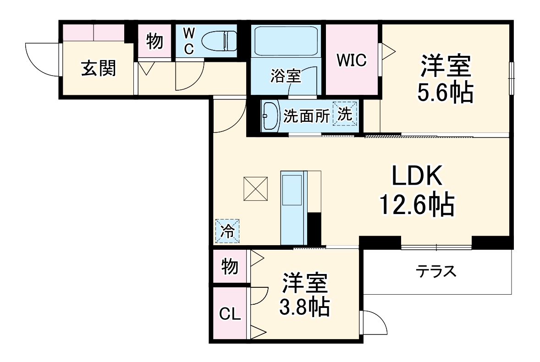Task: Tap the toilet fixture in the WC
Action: pyautogui.click(x=220, y=41)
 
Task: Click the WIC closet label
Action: pyautogui.click(x=352, y=60)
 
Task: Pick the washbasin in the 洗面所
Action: pyautogui.click(x=270, y=116)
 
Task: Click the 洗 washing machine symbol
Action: pyautogui.click(x=345, y=115)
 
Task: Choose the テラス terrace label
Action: pyautogui.click(x=436, y=272)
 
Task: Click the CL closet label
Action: pyautogui.click(x=230, y=314)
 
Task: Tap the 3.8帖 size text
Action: pyautogui.click(x=304, y=307)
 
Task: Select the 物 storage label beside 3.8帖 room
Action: pyautogui.click(x=230, y=265)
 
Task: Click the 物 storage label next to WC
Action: pyautogui.click(x=154, y=42)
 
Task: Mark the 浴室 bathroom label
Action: pyautogui.click(x=285, y=76)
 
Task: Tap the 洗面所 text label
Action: pyautogui.click(x=306, y=116)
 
